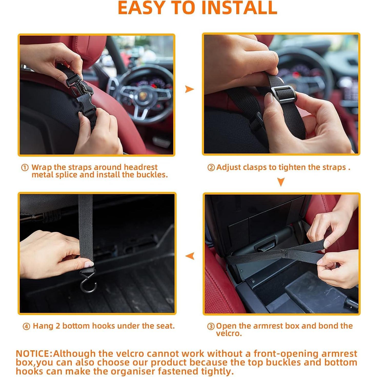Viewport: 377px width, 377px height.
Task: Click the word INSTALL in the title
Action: [x=239, y=8]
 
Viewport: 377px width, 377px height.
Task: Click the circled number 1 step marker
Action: [x=25, y=168]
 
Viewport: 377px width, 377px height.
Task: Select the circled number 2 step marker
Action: [x=211, y=168]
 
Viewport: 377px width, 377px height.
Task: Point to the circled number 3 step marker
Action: [x=211, y=326]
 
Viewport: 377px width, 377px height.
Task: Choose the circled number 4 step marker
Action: [x=26, y=326]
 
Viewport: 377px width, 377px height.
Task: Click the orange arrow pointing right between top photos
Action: [x=189, y=89]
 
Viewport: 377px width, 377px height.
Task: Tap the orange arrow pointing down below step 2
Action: [x=281, y=182]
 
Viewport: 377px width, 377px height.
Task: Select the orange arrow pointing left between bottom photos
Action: [x=190, y=256]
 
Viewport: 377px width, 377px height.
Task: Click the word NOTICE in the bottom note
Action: [x=33, y=354]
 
